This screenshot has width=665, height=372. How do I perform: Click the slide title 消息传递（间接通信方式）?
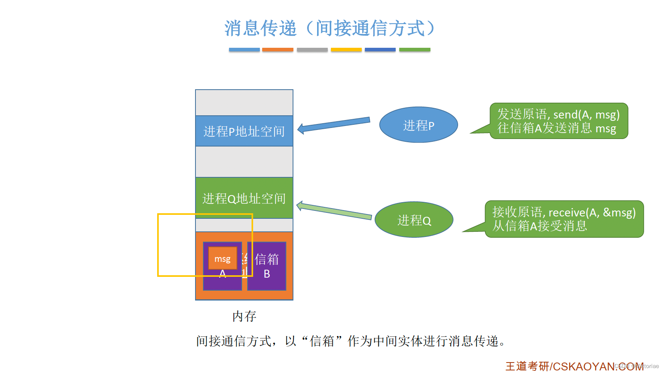(330, 28)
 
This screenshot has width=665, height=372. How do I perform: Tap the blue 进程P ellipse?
(419, 125)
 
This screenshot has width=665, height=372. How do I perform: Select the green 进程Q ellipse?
(414, 220)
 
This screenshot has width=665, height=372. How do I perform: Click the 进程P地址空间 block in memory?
(244, 131)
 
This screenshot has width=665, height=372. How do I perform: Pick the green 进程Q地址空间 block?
(244, 197)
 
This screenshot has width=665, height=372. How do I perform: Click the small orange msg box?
(222, 259)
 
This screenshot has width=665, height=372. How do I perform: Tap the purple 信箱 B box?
(267, 266)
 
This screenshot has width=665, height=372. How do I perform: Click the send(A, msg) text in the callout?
(586, 115)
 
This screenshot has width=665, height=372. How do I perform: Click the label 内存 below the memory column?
(244, 316)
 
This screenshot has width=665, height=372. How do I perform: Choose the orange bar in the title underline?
(278, 50)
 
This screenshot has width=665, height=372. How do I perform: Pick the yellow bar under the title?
(346, 50)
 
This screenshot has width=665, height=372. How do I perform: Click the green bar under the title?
(415, 50)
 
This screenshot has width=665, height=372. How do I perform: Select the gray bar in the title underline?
(312, 50)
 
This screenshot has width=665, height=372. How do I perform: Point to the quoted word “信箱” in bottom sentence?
(322, 341)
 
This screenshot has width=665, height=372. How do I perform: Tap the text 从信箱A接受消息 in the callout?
(539, 226)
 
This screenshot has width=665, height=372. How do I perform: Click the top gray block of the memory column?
(244, 103)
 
